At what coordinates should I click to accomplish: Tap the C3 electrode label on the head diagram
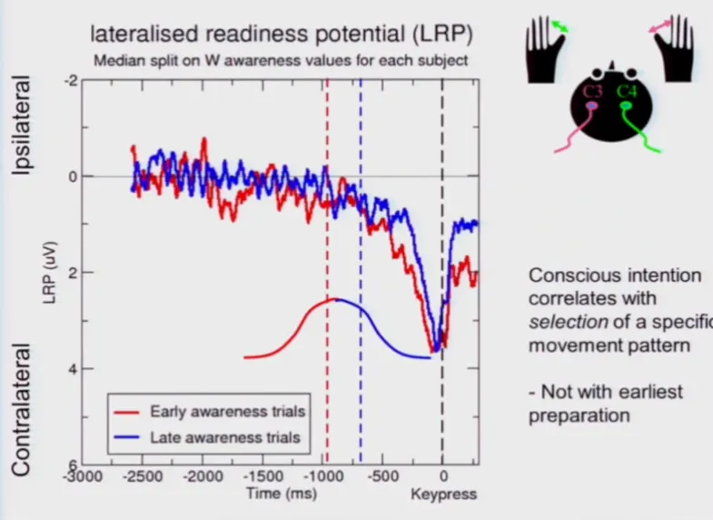(593, 92)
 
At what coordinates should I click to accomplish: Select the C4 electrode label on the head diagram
(628, 91)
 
